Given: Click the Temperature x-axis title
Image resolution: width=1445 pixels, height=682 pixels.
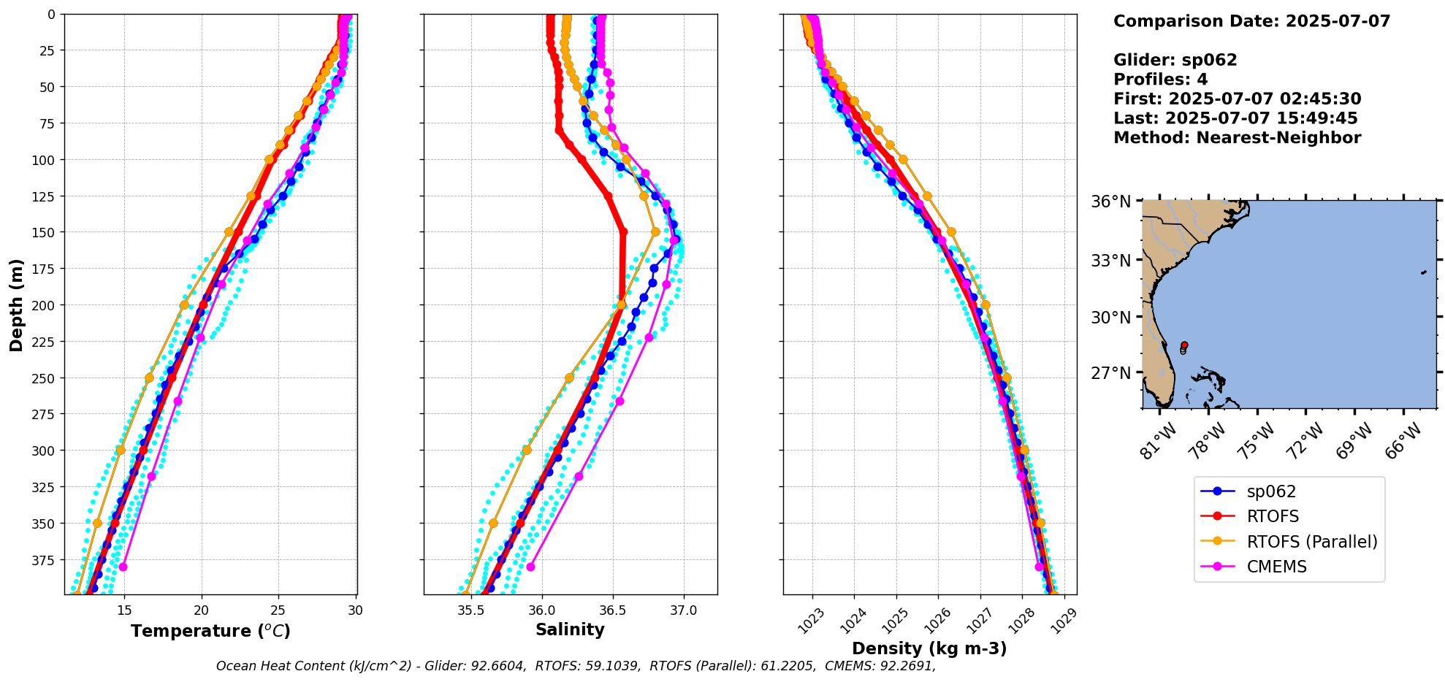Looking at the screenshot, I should point(210,631).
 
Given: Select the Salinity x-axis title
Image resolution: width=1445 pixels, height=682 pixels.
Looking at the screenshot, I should point(570,629).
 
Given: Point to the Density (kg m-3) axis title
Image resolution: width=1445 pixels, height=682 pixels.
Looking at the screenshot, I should point(929,648).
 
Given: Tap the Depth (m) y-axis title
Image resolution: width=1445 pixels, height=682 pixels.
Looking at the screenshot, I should point(16,304).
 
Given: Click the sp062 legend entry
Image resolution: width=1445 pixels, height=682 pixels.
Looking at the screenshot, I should point(1271,492).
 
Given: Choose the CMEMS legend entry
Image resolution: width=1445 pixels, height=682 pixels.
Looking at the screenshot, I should point(1276,567).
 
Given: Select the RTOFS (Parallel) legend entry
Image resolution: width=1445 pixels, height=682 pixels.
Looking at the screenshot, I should point(1311,542).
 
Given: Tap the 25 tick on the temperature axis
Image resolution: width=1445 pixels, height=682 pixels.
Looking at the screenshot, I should point(278,610).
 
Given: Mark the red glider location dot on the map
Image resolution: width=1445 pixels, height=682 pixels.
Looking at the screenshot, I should point(1184,345).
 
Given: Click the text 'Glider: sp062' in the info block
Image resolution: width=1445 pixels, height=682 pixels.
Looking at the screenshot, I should point(1175,60).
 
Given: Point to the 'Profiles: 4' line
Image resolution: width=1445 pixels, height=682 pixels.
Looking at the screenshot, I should point(1160,80).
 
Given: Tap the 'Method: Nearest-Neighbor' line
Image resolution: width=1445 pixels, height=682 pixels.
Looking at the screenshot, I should point(1237,138).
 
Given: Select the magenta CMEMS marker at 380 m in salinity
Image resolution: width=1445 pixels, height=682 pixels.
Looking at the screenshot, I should point(530,567).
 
